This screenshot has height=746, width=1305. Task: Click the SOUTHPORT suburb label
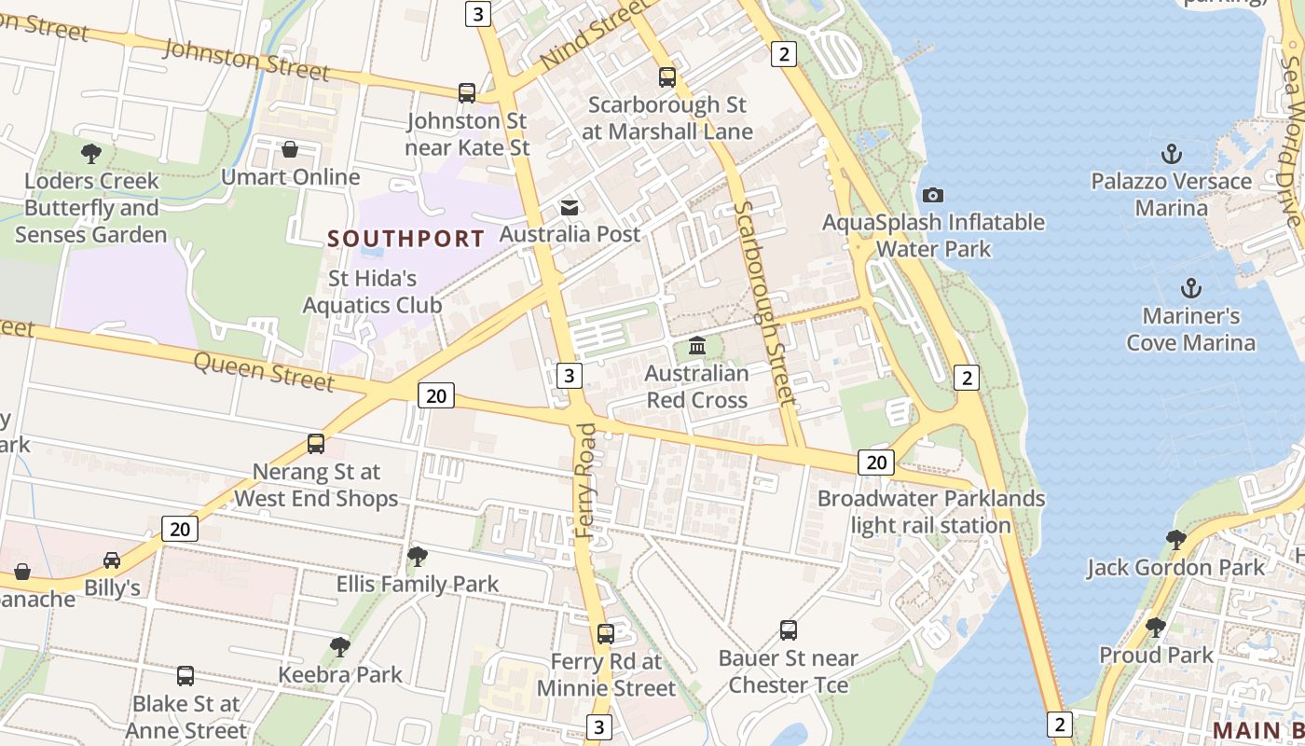pyautogui.click(x=405, y=239)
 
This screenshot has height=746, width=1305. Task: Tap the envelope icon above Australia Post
pyautogui.click(x=569, y=207)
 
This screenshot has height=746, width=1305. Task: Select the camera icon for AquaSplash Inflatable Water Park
pyautogui.click(x=932, y=195)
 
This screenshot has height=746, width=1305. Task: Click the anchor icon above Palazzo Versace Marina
pyautogui.click(x=1171, y=153)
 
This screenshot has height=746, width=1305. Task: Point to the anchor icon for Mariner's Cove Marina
pyautogui.click(x=1190, y=288)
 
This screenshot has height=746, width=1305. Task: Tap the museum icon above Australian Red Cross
pyautogui.click(x=696, y=347)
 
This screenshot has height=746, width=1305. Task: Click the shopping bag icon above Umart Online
pyautogui.click(x=290, y=149)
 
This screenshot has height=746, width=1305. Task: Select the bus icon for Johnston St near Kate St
pyautogui.click(x=467, y=93)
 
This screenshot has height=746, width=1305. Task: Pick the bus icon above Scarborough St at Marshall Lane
pyautogui.click(x=666, y=77)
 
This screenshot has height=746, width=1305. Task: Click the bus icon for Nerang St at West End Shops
pyautogui.click(x=316, y=444)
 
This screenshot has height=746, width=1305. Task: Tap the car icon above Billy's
pyautogui.click(x=112, y=560)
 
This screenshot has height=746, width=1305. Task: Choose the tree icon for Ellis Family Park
pyautogui.click(x=417, y=557)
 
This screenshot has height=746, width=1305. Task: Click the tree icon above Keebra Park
pyautogui.click(x=340, y=646)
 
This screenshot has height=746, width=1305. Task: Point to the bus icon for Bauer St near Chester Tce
pyautogui.click(x=789, y=630)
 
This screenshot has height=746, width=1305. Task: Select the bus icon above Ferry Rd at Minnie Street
pyautogui.click(x=606, y=634)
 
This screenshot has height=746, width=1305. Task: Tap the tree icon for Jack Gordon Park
pyautogui.click(x=1175, y=539)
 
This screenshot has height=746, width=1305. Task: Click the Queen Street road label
pyautogui.click(x=263, y=371)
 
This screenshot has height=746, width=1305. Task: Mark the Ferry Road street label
pyautogui.click(x=585, y=480)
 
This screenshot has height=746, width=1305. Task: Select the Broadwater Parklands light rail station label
pyautogui.click(x=931, y=512)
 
